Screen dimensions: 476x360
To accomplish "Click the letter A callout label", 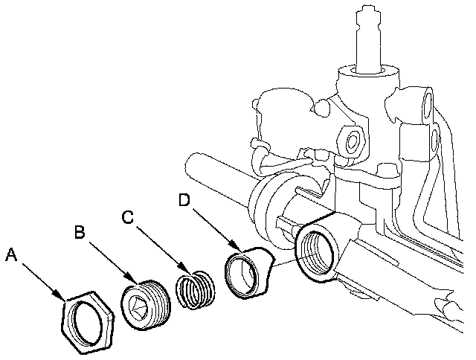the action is point(12,254).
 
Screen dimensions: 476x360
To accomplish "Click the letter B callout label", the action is point(80,231).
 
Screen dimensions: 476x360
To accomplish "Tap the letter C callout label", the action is point(127,216).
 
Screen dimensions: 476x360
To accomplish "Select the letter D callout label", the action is point(184,200).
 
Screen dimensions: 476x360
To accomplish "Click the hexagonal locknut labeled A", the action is point(88,323).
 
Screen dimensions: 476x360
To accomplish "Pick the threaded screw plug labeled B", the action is point(146,304).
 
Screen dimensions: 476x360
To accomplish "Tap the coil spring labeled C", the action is point(196,289).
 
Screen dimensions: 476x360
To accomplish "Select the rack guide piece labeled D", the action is point(249,272).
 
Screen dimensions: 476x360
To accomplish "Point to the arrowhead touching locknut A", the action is point(59,294).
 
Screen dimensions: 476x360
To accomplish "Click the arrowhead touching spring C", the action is point(184,268).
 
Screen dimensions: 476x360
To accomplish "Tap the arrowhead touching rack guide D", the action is point(235,246).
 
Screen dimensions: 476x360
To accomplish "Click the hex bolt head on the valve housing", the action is point(352,141).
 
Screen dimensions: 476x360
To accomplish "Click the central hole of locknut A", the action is point(88,324).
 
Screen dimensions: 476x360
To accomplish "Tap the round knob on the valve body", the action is point(322,108).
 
